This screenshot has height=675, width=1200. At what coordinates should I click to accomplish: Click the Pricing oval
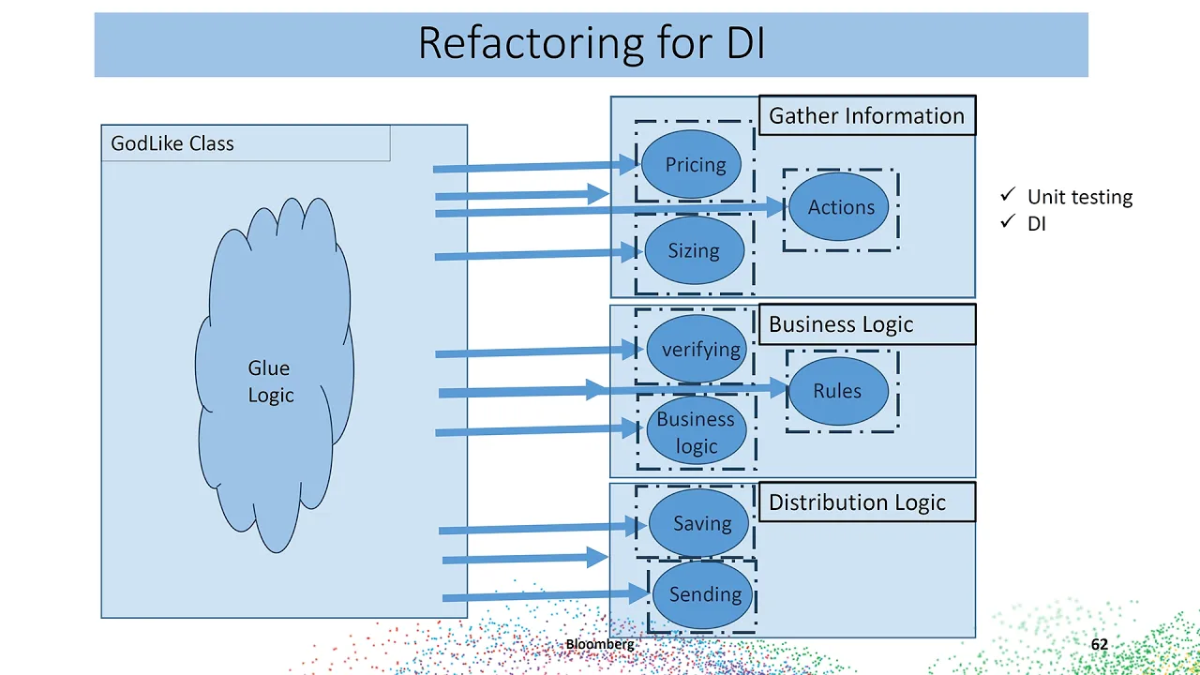tap(695, 165)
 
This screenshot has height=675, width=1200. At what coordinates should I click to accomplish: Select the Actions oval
tap(840, 207)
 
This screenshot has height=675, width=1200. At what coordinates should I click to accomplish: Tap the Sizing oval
tap(694, 250)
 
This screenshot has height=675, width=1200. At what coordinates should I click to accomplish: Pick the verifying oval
tap(699, 350)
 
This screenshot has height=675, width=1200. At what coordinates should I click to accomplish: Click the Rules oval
tap(837, 391)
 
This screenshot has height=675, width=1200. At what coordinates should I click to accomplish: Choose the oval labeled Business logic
tap(696, 432)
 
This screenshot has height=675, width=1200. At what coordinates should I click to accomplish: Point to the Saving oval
tap(701, 523)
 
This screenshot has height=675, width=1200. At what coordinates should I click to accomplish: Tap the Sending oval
tap(704, 594)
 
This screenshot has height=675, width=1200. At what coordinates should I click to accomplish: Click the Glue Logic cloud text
tap(271, 382)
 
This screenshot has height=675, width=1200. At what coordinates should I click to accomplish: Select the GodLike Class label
tap(172, 143)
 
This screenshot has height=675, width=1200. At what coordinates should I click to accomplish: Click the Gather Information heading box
tap(866, 116)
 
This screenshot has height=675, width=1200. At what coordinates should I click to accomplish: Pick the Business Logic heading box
tap(866, 324)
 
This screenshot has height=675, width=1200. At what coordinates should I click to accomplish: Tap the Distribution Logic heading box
tap(866, 502)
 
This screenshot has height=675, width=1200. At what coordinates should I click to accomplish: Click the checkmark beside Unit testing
tap(1008, 195)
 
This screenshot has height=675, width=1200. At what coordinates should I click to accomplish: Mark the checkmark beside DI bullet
tap(1008, 222)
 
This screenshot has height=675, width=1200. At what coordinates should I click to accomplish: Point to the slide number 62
tap(1100, 644)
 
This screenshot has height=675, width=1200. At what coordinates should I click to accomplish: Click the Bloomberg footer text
tap(600, 644)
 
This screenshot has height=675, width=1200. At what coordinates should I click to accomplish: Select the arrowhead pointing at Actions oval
tap(775, 207)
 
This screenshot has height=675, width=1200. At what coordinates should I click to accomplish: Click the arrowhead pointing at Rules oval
tap(778, 388)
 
